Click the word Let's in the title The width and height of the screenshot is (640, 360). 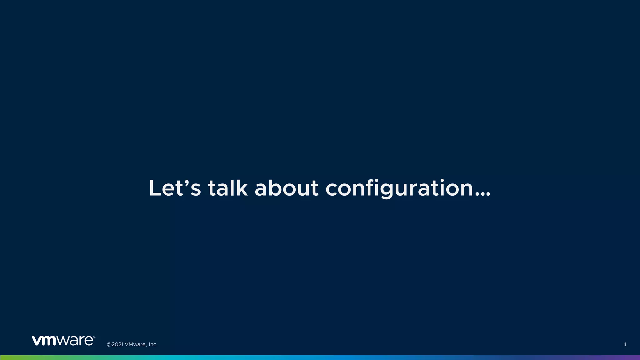[x=175, y=188]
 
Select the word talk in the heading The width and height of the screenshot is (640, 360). [x=228, y=188]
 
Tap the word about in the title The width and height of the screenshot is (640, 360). [x=287, y=188]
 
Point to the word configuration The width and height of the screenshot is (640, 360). [x=399, y=189]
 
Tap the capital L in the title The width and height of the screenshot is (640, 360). [x=155, y=188]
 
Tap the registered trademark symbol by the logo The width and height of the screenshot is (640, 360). [x=94, y=337]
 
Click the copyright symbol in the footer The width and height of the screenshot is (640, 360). [x=109, y=345]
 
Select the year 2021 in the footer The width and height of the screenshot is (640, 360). [x=117, y=345]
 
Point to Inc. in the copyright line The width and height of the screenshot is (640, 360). [x=153, y=345]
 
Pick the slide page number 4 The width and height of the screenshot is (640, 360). [x=625, y=345]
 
